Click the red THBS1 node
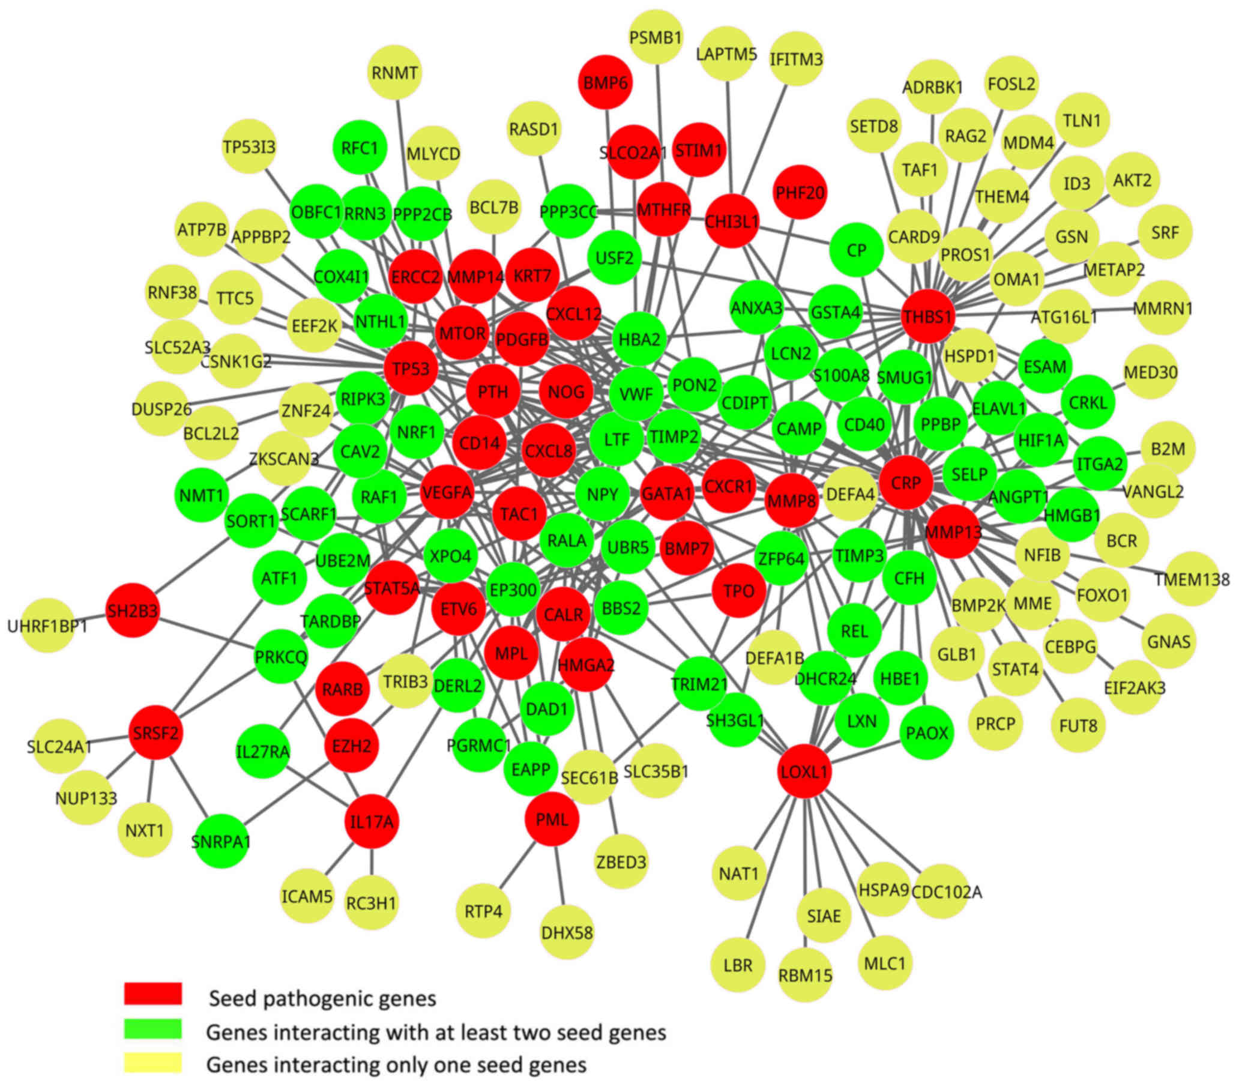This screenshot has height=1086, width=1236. pos(927,316)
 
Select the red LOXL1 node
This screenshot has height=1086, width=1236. pos(804,771)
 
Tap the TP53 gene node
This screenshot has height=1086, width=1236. pos(411,368)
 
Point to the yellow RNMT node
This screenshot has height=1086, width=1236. pos(394,73)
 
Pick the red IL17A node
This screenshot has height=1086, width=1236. pos(372,822)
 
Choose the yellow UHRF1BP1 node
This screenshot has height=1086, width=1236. pos(47,626)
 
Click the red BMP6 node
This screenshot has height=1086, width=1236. pos(605,83)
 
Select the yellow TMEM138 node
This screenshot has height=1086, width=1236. pos(1191,579)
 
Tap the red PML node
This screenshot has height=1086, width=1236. pos(552,819)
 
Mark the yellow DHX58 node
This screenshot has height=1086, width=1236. pos(567,932)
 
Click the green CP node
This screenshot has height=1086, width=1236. pos(856,250)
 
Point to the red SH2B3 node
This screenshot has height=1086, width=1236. pos(133,611)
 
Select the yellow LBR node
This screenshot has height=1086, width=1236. pos(738,965)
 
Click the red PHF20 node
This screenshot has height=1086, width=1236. pos(800,192)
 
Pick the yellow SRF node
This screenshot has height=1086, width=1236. pos(1165,232)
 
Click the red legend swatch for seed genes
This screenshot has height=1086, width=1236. pos(153,994)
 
